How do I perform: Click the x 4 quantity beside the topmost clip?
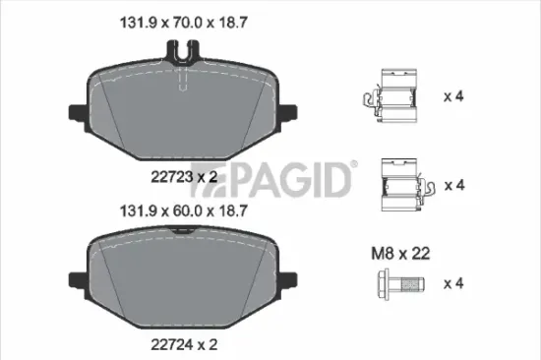(x=453, y=96)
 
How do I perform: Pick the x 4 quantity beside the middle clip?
(x=453, y=184)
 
